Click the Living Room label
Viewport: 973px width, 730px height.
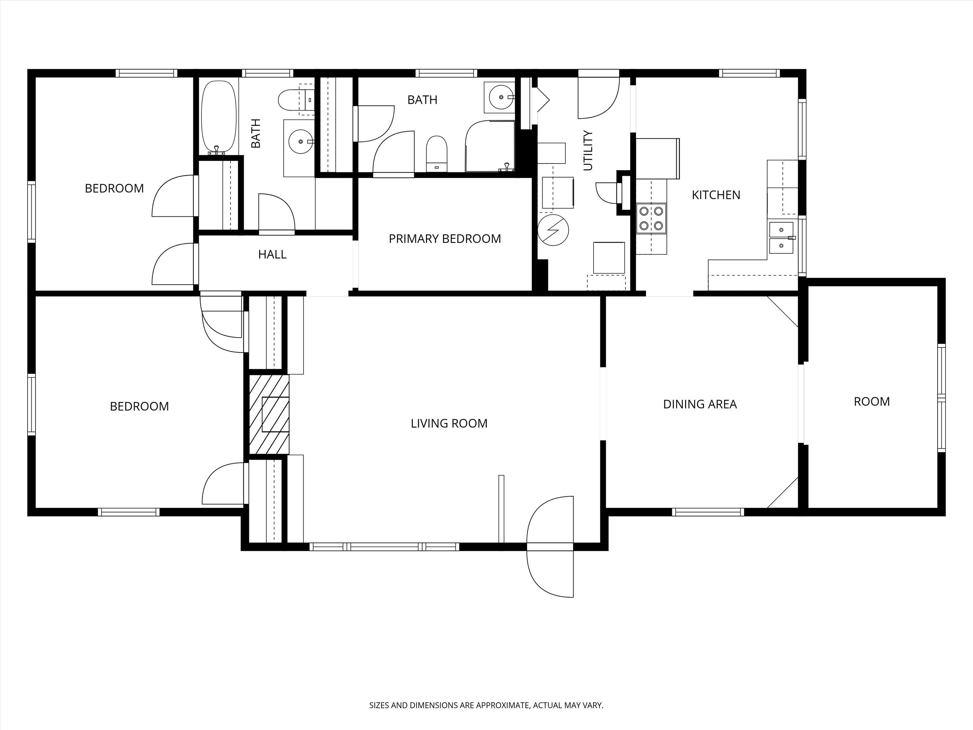click(x=449, y=423)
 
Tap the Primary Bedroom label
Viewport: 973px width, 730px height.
click(x=445, y=239)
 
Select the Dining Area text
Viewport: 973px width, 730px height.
click(x=700, y=404)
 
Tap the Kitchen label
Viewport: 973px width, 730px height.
click(x=716, y=195)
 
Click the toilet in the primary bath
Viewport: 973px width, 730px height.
click(x=436, y=154)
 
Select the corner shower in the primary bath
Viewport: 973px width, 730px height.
click(x=490, y=146)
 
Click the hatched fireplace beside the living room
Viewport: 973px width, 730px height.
click(x=269, y=414)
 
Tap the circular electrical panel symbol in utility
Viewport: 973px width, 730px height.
click(x=553, y=230)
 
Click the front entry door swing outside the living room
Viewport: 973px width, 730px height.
click(x=550, y=570)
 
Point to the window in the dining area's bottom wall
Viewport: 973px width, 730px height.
click(x=708, y=512)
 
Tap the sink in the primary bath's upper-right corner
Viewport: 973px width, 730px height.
click(x=500, y=97)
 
